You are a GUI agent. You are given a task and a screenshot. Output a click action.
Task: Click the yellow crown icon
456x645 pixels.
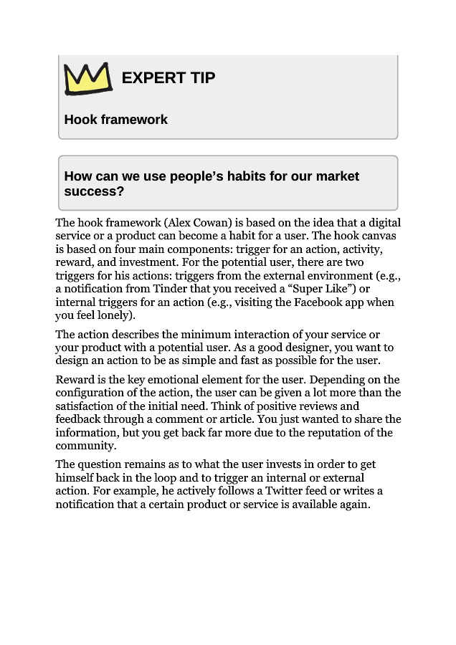coord(88,78)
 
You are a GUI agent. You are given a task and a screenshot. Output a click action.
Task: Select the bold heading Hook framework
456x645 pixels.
coord(115,120)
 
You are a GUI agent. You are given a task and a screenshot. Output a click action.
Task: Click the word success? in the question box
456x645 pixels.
coord(94,191)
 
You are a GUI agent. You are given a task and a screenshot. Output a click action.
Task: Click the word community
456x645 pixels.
coord(85,446)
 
